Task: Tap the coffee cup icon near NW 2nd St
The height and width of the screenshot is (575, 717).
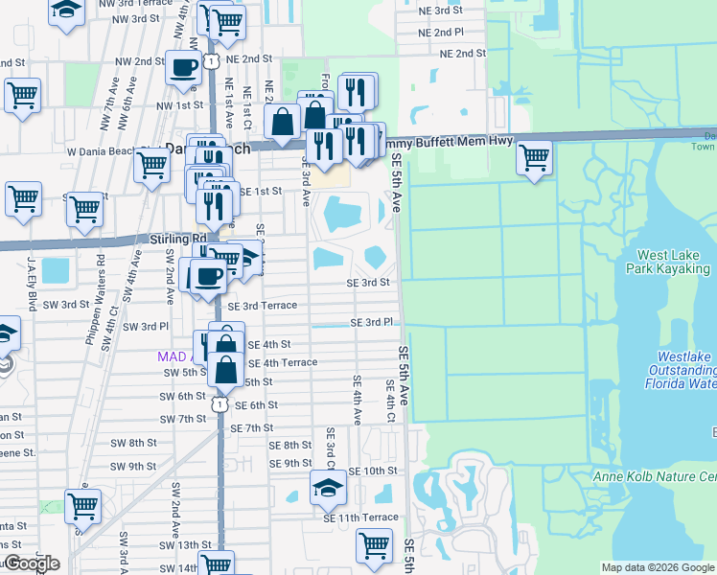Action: pyautogui.click(x=184, y=67)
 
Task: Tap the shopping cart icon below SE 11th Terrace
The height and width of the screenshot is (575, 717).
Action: pyautogui.click(x=374, y=545)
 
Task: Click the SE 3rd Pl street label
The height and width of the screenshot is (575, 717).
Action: pyautogui.click(x=372, y=323)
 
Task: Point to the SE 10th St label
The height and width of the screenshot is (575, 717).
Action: pyautogui.click(x=372, y=471)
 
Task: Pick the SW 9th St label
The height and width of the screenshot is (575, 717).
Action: pyautogui.click(x=133, y=467)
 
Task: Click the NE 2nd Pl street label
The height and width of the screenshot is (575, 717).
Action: pyautogui.click(x=441, y=33)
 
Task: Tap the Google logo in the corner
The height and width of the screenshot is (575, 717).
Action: pyautogui.click(x=31, y=563)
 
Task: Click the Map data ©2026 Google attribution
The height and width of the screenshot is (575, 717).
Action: pyautogui.click(x=658, y=567)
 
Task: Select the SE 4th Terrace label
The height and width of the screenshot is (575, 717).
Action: pyautogui.click(x=283, y=363)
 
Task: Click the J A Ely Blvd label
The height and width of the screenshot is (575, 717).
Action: pyautogui.click(x=33, y=288)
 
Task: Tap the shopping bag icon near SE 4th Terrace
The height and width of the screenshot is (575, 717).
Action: pyautogui.click(x=227, y=369)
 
